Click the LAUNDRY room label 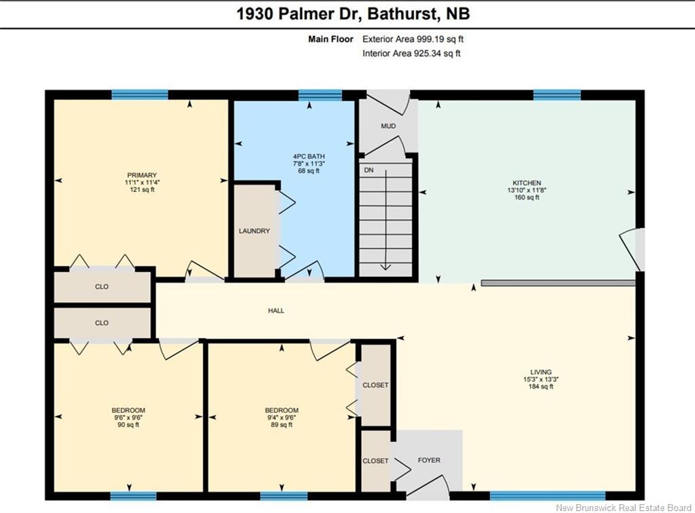254,231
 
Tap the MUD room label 388,126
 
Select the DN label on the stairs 369,170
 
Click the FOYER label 429,460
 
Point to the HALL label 276,311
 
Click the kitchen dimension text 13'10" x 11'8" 527,190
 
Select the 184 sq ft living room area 541,386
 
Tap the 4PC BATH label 309,156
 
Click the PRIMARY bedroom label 142,175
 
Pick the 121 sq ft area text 142,189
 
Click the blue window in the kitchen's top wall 557,95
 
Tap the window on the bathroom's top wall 320,95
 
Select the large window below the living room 548,496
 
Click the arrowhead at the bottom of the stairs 386,267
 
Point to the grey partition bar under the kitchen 558,283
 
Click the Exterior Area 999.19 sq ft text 413,39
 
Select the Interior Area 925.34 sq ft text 411,54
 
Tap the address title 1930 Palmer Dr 299,14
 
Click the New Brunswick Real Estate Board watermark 624,508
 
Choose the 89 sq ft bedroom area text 282,425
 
